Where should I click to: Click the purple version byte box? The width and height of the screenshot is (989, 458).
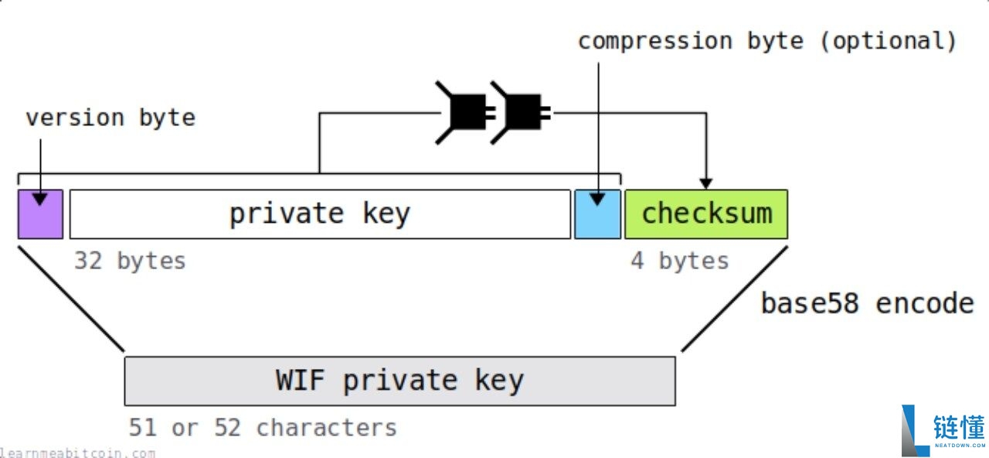[x=41, y=214]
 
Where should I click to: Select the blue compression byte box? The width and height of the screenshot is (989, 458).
[x=597, y=214]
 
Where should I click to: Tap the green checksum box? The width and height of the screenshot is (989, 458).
[x=706, y=214]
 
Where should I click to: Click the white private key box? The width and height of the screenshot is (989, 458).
[x=320, y=214]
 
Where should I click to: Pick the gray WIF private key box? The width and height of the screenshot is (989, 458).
[x=399, y=381]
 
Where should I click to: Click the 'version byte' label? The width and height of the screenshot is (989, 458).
[x=110, y=118]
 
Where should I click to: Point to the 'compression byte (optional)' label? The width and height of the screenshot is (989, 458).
[x=767, y=41]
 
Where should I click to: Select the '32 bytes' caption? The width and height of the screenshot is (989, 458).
[x=130, y=261]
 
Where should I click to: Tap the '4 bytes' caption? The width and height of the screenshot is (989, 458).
[x=679, y=261]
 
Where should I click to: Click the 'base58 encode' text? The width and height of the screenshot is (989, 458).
[x=868, y=304]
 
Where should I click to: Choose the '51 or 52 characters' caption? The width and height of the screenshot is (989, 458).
[x=263, y=428]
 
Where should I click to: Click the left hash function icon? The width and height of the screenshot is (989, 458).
[x=465, y=112]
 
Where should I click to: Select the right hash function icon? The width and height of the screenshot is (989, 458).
[x=520, y=112]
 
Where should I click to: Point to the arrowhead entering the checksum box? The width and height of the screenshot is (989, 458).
[x=706, y=183]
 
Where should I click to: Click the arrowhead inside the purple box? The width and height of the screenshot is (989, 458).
[x=40, y=200]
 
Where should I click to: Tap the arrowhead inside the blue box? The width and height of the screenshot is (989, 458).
[x=597, y=200]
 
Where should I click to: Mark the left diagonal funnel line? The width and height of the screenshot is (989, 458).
[x=71, y=299]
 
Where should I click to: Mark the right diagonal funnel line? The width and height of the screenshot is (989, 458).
[x=735, y=299]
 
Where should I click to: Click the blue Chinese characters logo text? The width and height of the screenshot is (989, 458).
[x=959, y=426]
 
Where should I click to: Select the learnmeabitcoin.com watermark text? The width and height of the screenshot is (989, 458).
[x=77, y=453]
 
